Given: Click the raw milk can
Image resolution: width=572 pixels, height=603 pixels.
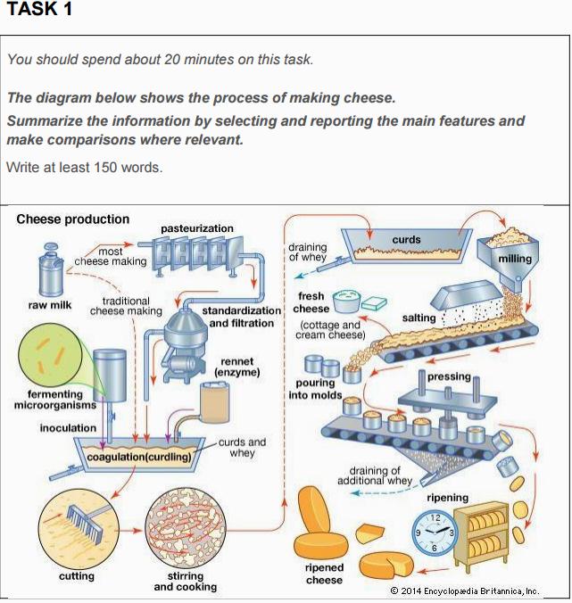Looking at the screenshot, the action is pos(50,270).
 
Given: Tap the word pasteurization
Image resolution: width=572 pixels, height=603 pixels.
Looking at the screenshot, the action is pos(197,228).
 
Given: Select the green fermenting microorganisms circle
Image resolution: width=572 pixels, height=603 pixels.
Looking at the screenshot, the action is pos(50,354).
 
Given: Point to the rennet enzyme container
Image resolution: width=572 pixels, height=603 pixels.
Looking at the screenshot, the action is pos(215,402).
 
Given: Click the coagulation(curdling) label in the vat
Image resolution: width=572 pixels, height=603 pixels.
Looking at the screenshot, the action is pos(139,457).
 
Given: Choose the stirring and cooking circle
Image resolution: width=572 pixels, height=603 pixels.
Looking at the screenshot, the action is pos(185,529).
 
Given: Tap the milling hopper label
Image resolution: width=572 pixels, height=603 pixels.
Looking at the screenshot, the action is pos(515,259).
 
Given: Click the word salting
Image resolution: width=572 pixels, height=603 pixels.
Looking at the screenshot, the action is pos(419,318).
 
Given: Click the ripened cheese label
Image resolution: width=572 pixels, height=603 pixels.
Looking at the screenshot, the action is pos(324,574).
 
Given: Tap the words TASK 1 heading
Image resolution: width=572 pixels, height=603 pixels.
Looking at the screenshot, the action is pos(39,9).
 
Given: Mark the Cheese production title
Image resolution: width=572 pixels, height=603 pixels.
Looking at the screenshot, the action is pos(72,219).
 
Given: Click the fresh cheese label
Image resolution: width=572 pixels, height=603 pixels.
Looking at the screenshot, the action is pos(311,302).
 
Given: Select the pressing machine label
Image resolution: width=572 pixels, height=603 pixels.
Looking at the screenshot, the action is pos(449,376).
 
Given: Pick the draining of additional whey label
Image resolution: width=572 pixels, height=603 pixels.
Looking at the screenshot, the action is pos(375,475).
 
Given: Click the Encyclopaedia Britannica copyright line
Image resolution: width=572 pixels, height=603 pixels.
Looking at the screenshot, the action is pos(465,591).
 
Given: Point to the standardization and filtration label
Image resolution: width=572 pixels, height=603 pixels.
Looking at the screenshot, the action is pos(242,317).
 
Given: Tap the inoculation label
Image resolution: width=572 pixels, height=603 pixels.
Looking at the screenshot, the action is pos(68,428).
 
